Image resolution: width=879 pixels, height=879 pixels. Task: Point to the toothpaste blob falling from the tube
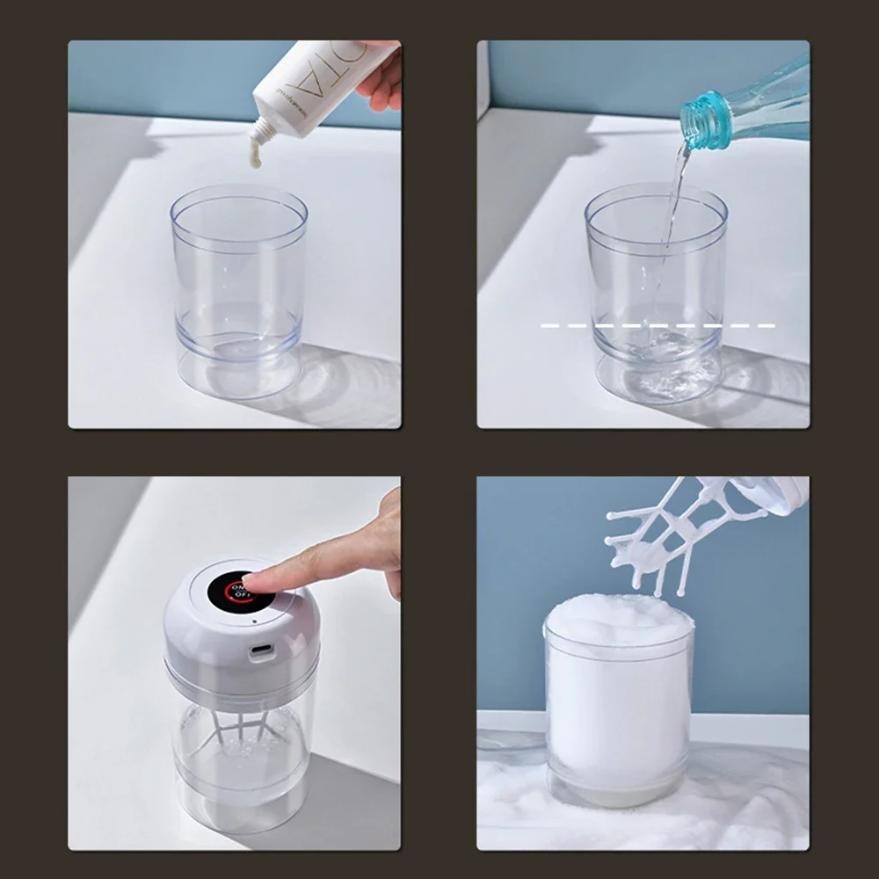pyautogui.click(x=256, y=156)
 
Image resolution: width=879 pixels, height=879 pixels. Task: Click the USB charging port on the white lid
pyautogui.click(x=261, y=651)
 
